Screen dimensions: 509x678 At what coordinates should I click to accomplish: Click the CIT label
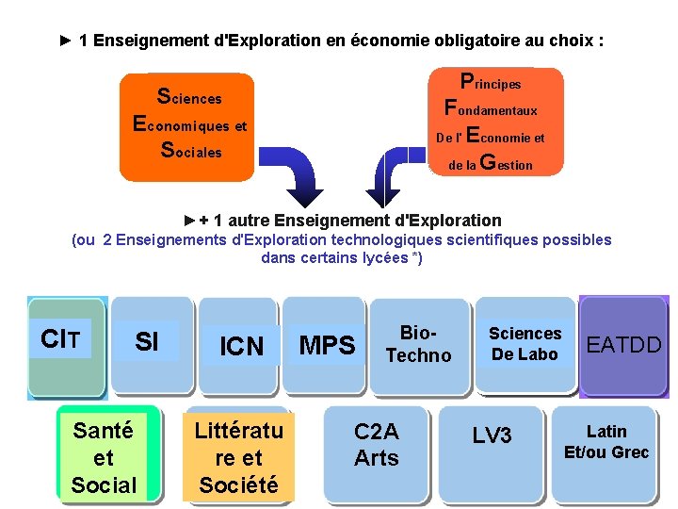[60, 339]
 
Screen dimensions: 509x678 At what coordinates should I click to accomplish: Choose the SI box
[147, 342]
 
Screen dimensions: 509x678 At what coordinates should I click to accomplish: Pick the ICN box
[241, 346]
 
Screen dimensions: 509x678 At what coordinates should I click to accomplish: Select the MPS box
[327, 346]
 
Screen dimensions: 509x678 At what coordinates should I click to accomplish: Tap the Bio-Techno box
[419, 344]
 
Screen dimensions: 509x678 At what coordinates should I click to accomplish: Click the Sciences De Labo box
[525, 344]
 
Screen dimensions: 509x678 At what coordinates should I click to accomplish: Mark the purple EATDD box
[624, 345]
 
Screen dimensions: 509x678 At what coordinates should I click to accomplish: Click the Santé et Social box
[104, 457]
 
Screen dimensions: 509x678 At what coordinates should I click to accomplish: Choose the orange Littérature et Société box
[238, 458]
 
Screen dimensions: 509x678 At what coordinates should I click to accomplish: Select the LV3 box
[492, 435]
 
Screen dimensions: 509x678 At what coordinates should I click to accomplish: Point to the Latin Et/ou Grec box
[605, 443]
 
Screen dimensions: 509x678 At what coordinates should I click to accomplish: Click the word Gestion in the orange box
[507, 164]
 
